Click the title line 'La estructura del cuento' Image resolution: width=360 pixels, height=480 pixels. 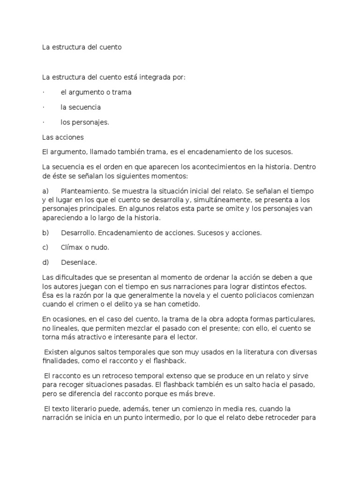point(82,47)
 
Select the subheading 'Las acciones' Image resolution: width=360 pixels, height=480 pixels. point(63,137)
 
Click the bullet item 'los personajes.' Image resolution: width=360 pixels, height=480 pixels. point(84,122)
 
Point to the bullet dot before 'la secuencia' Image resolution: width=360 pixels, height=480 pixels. point(43,107)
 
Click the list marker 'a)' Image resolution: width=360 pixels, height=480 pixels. point(45,191)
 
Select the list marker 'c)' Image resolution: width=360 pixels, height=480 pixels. point(45,247)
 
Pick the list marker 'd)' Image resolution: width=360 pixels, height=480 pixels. point(45,262)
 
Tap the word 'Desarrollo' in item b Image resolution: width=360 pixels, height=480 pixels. point(78,232)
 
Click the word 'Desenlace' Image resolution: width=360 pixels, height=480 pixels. point(78,262)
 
